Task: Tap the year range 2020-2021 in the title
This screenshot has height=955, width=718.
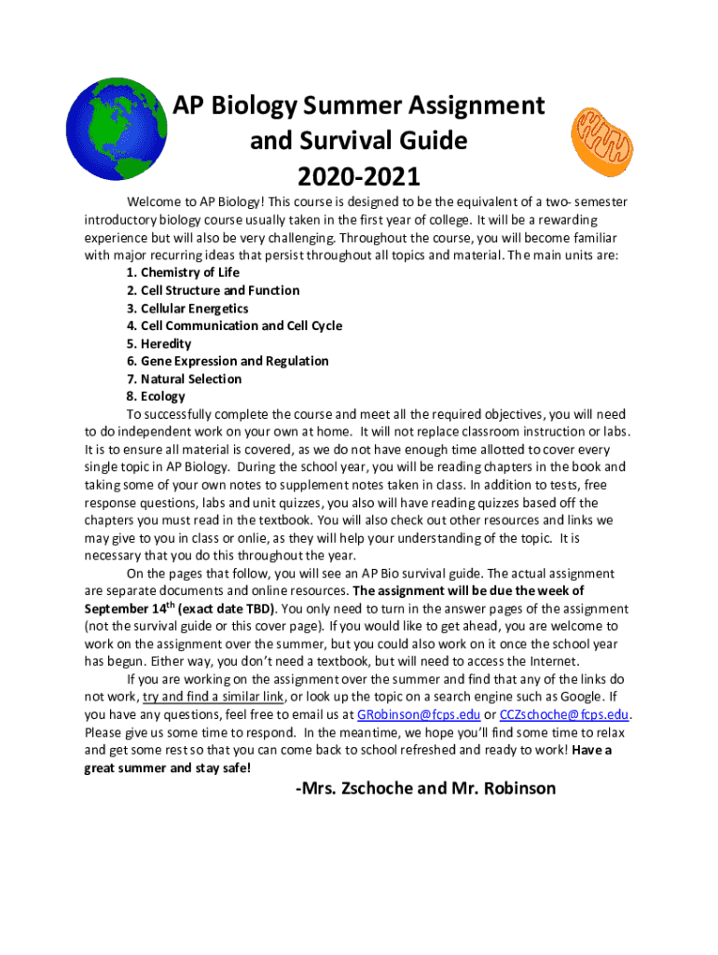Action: (359, 176)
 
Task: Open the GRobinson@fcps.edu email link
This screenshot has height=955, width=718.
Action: (419, 715)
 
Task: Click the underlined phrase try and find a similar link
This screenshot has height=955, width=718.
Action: (214, 698)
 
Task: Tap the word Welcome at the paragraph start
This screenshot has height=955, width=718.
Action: (154, 201)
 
